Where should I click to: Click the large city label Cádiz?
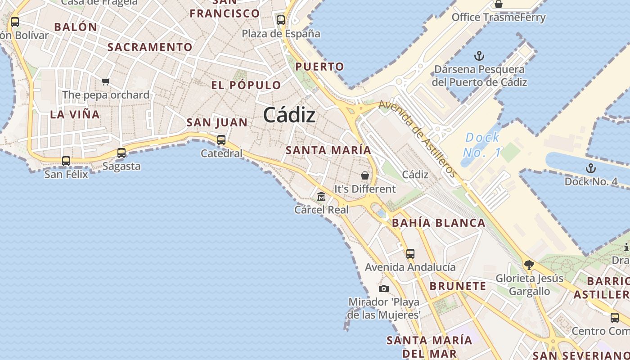[289, 115]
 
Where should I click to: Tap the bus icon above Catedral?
[221, 139]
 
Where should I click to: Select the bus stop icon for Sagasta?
[121, 153]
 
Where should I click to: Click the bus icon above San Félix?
[66, 161]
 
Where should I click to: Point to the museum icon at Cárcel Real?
[321, 196]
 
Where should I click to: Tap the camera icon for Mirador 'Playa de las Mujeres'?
[383, 288]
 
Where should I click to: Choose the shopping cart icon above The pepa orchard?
[106, 81]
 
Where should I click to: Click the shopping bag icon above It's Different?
[365, 175]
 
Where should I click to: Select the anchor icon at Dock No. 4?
[590, 168]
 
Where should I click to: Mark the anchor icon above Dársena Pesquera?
[479, 56]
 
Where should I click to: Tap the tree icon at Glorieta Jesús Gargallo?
[529, 265]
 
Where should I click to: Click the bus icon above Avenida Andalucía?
[410, 253]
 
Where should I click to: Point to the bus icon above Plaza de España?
[281, 20]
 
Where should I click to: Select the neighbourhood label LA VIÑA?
[75, 114]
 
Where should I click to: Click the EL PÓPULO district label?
[246, 85]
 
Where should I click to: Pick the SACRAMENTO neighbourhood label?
[150, 47]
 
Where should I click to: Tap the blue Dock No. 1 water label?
[482, 145]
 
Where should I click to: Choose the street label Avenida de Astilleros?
[418, 138]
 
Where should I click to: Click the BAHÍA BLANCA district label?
[438, 223]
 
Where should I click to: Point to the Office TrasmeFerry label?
[498, 18]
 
